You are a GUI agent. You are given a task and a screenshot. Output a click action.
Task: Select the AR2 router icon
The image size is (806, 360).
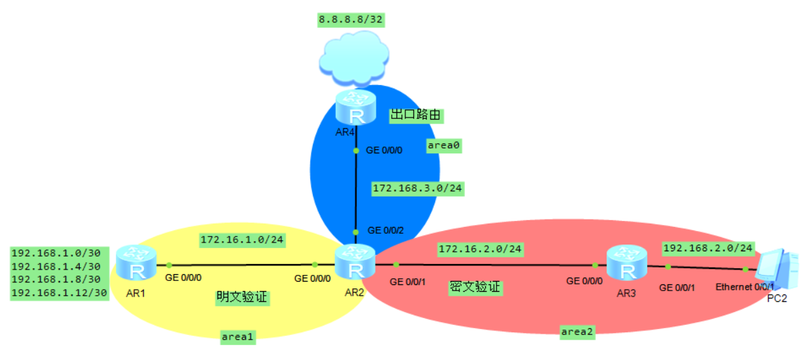click(x=355, y=262)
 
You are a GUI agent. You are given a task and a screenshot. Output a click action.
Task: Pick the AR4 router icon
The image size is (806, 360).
click(x=355, y=107)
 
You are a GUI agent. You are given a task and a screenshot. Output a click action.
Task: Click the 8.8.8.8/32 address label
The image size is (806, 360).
click(x=351, y=20)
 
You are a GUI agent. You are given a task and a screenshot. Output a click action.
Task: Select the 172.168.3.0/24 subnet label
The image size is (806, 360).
click(x=417, y=188)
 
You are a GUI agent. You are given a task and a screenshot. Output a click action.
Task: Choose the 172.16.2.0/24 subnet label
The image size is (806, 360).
click(x=480, y=249)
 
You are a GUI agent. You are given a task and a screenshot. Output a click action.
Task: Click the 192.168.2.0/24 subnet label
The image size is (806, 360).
click(x=708, y=248)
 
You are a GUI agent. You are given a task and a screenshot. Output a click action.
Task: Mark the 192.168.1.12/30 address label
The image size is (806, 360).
click(x=59, y=292)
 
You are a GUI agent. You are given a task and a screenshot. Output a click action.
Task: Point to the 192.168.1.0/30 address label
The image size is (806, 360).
click(x=56, y=253)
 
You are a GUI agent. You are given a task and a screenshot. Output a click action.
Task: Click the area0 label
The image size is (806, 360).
click(x=444, y=145)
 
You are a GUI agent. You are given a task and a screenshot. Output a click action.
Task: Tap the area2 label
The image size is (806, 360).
click(x=578, y=331)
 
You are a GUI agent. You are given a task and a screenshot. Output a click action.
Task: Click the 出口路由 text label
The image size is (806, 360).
click(x=415, y=115)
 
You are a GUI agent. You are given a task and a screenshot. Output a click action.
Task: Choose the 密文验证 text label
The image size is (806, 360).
click(x=475, y=287)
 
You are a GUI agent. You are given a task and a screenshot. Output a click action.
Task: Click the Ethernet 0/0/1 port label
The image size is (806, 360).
click(x=745, y=287)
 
